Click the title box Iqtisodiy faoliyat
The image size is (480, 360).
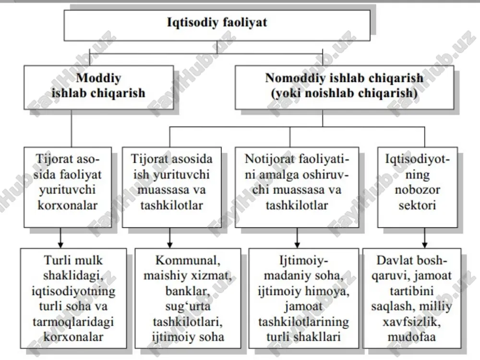(x=217, y=25)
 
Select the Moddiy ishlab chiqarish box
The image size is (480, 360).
(x=98, y=87)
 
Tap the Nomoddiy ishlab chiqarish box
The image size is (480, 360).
(x=344, y=87)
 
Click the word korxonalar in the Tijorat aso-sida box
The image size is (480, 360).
(x=67, y=205)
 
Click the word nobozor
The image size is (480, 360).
(x=417, y=190)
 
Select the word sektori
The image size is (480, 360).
(x=417, y=205)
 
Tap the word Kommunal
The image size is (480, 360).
(x=188, y=261)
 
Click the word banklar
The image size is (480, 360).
(x=188, y=291)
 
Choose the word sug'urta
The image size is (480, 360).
(x=188, y=306)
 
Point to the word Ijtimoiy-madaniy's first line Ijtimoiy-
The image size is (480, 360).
(x=304, y=261)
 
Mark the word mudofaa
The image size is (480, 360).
(x=412, y=337)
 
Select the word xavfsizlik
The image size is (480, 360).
(x=412, y=322)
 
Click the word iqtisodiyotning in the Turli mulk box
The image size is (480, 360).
(x=73, y=291)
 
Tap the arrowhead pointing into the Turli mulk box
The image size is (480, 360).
(x=60, y=245)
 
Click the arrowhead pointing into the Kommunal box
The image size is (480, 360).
(x=170, y=245)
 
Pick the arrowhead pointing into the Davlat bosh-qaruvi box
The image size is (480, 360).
(x=425, y=245)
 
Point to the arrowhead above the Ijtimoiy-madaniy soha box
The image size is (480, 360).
(x=297, y=245)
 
